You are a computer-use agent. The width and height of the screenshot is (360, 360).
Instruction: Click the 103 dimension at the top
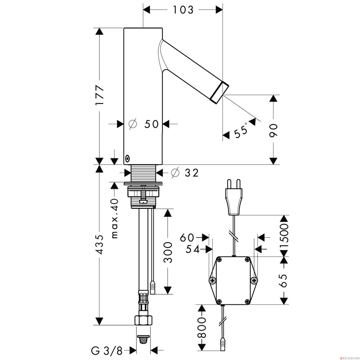pos(183,10)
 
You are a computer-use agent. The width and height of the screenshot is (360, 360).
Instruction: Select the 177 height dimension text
pos(100,96)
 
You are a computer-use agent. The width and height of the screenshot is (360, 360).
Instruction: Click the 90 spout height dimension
pos(274,131)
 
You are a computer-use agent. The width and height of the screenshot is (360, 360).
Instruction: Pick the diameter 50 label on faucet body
pos(144,124)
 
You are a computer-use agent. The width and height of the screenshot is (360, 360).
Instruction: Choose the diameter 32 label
pos(184,173)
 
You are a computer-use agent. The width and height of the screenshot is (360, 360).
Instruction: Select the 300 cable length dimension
pos(167,252)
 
